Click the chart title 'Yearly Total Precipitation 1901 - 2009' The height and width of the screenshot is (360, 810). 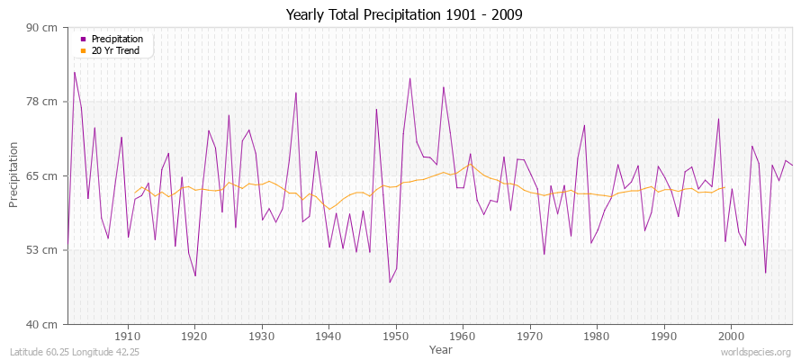tap(404, 14)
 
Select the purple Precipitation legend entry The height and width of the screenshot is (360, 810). tap(117, 40)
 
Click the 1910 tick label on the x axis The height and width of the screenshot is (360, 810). tap(128, 337)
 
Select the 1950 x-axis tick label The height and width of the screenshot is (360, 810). tap(396, 337)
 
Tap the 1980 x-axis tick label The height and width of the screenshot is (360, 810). tap(597, 337)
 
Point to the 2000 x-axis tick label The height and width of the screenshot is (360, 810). tap(731, 337)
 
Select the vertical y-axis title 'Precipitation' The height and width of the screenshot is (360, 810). tap(13, 175)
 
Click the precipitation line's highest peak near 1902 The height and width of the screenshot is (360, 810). tap(75, 72)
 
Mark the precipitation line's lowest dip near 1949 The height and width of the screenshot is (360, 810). tap(390, 283)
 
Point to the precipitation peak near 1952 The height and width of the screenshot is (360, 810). tap(409, 78)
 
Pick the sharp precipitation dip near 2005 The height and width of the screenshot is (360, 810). tap(765, 273)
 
